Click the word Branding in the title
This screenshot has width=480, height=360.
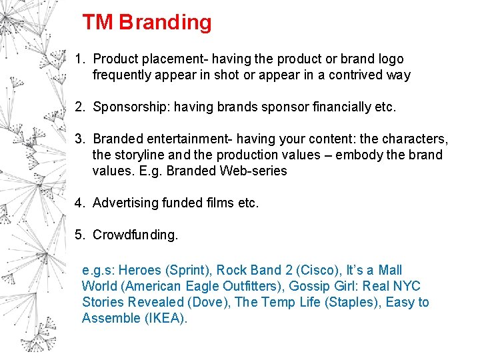[165, 23]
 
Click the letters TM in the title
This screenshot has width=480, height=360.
[98, 23]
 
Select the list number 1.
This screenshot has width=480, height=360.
[79, 59]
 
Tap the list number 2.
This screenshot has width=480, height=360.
[79, 107]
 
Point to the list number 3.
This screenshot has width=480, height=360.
[79, 139]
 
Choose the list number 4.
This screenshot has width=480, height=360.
[79, 203]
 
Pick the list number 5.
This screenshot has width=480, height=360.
[79, 235]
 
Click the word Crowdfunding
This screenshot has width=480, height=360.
[135, 235]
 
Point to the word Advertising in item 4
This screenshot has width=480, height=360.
[125, 203]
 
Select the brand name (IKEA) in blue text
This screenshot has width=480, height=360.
[165, 318]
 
